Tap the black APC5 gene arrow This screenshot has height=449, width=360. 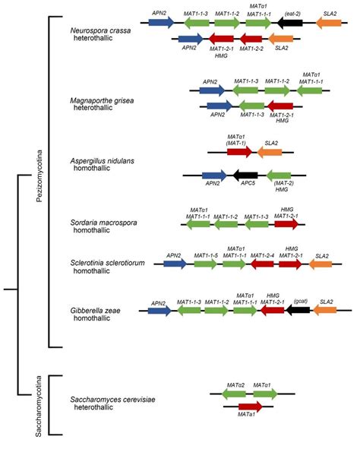tap(247, 174)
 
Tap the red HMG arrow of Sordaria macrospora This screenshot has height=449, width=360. tap(286, 224)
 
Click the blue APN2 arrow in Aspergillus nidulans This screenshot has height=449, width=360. tap(215, 174)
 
